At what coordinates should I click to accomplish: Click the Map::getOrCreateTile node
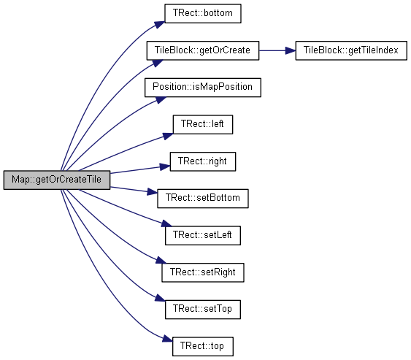pyautogui.click(x=57, y=180)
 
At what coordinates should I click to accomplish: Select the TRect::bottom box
pyautogui.click(x=203, y=13)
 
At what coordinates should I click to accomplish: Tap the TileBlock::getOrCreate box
pyautogui.click(x=203, y=50)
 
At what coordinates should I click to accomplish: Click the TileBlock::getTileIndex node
pyautogui.click(x=351, y=50)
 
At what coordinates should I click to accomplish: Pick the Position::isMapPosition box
pyautogui.click(x=203, y=88)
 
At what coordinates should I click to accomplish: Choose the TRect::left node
pyautogui.click(x=203, y=124)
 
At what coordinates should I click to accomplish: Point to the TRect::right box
pyautogui.click(x=203, y=161)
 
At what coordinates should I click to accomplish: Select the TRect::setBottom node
pyautogui.click(x=203, y=199)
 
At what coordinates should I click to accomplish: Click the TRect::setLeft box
pyautogui.click(x=203, y=235)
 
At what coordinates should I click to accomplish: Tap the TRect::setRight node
pyautogui.click(x=203, y=272)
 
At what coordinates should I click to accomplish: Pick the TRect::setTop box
pyautogui.click(x=203, y=310)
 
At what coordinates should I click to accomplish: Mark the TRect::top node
pyautogui.click(x=203, y=346)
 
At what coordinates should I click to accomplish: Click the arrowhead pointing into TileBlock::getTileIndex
pyautogui.click(x=291, y=50)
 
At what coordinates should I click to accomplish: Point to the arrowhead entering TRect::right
pyautogui.click(x=165, y=166)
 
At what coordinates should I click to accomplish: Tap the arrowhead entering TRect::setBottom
pyautogui.click(x=153, y=192)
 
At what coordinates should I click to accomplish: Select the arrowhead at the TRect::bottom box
pyautogui.click(x=160, y=25)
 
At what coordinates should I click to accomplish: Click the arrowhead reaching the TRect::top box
pyautogui.click(x=167, y=339)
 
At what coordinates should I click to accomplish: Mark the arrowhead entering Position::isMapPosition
pyautogui.click(x=161, y=100)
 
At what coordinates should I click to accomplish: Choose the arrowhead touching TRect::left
pyautogui.click(x=168, y=136)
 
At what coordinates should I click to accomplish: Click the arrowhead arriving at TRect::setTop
pyautogui.click(x=160, y=298)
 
